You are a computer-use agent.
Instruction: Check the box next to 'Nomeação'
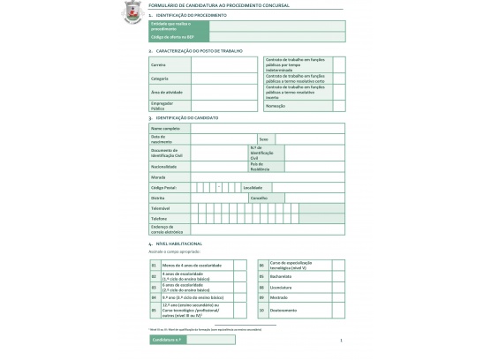point(339,106)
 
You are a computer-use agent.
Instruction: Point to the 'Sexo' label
point(263,139)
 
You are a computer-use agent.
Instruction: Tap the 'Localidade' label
point(253,187)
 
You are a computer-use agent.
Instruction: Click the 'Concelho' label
point(259,198)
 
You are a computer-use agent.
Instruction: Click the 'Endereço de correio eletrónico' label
point(168,229)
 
